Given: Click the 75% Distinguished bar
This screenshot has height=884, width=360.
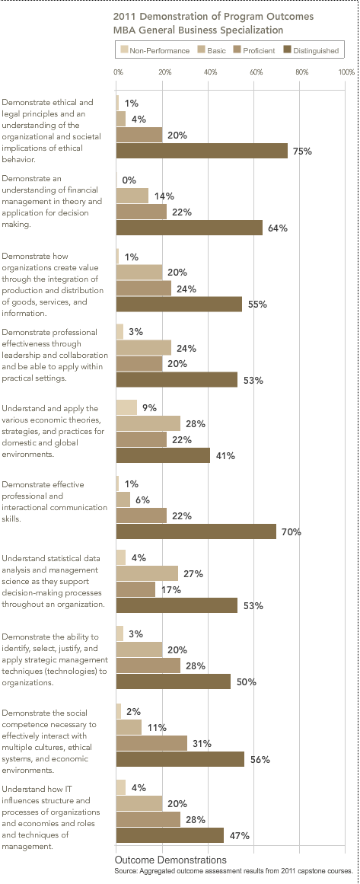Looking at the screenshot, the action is tap(202, 151).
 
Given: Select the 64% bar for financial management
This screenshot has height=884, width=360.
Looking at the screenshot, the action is tap(190, 228).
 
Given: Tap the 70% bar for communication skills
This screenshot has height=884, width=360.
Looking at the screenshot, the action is tap(196, 531).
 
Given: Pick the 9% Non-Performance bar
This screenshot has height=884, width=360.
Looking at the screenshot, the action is tap(126, 407).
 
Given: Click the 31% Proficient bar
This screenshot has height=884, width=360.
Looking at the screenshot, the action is tap(151, 743).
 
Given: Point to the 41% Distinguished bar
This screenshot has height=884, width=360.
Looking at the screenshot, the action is tap(163, 455).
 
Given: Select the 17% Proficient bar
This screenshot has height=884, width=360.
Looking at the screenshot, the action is tap(135, 589).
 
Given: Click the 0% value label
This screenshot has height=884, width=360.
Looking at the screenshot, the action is tap(129, 180).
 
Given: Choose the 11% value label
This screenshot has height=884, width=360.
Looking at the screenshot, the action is tap(157, 727).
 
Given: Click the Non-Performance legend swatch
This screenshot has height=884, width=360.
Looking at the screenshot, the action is tap(125, 50).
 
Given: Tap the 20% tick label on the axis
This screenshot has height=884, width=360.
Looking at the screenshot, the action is tap(164, 72).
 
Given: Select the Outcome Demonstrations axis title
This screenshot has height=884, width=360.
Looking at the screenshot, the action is tap(170, 860).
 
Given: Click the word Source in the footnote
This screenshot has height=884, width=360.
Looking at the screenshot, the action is tap(126, 871).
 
